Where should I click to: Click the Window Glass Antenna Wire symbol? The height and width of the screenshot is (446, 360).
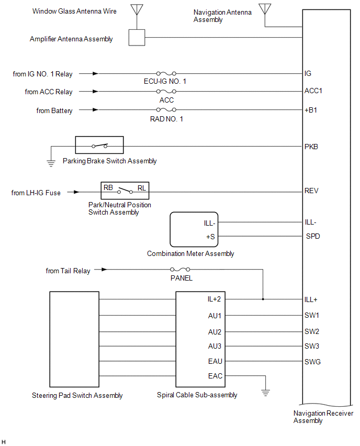click(137, 10)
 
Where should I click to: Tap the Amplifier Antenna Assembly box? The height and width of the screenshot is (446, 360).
click(137, 37)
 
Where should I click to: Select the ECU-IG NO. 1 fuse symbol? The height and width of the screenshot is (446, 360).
click(166, 74)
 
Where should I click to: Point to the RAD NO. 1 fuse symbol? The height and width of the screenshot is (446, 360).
click(166, 110)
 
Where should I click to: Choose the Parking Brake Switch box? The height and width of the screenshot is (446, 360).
click(99, 144)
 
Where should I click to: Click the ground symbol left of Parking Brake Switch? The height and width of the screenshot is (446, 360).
click(51, 163)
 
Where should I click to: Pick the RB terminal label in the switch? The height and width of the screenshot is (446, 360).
click(108, 187)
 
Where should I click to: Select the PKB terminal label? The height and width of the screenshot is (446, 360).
click(311, 147)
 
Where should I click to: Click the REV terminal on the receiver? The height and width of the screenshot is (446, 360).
click(311, 191)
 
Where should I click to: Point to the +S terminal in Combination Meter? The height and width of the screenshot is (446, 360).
click(211, 236)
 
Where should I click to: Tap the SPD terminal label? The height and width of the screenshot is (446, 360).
click(313, 236)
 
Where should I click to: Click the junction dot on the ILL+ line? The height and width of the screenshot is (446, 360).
click(263, 299)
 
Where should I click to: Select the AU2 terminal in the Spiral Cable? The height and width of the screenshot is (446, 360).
click(215, 332)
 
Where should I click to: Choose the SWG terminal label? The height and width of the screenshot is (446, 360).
click(312, 362)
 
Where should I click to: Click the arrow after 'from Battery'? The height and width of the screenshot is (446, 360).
click(95, 110)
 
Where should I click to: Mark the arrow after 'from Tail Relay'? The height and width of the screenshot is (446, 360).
click(105, 270)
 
